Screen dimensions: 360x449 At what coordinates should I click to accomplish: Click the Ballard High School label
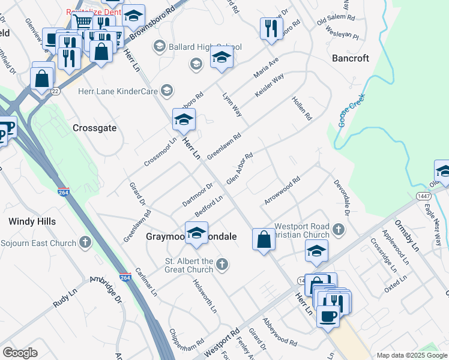205,47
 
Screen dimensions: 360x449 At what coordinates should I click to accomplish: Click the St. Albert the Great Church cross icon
222,264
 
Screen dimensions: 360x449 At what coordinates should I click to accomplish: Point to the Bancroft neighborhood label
351,58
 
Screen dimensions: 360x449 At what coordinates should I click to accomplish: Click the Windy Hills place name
32,221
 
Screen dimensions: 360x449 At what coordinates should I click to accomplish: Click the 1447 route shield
423,196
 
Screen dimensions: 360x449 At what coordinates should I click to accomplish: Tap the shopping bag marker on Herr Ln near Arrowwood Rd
264,239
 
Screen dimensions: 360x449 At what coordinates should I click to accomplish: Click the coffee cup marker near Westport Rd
327,316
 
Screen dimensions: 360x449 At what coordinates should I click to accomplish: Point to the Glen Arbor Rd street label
239,169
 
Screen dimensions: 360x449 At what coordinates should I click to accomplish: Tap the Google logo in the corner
20,353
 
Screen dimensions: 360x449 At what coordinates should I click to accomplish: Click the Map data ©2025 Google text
411,355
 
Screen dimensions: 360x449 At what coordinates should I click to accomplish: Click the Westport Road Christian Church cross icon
339,229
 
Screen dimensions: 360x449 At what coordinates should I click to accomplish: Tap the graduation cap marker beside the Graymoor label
196,232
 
